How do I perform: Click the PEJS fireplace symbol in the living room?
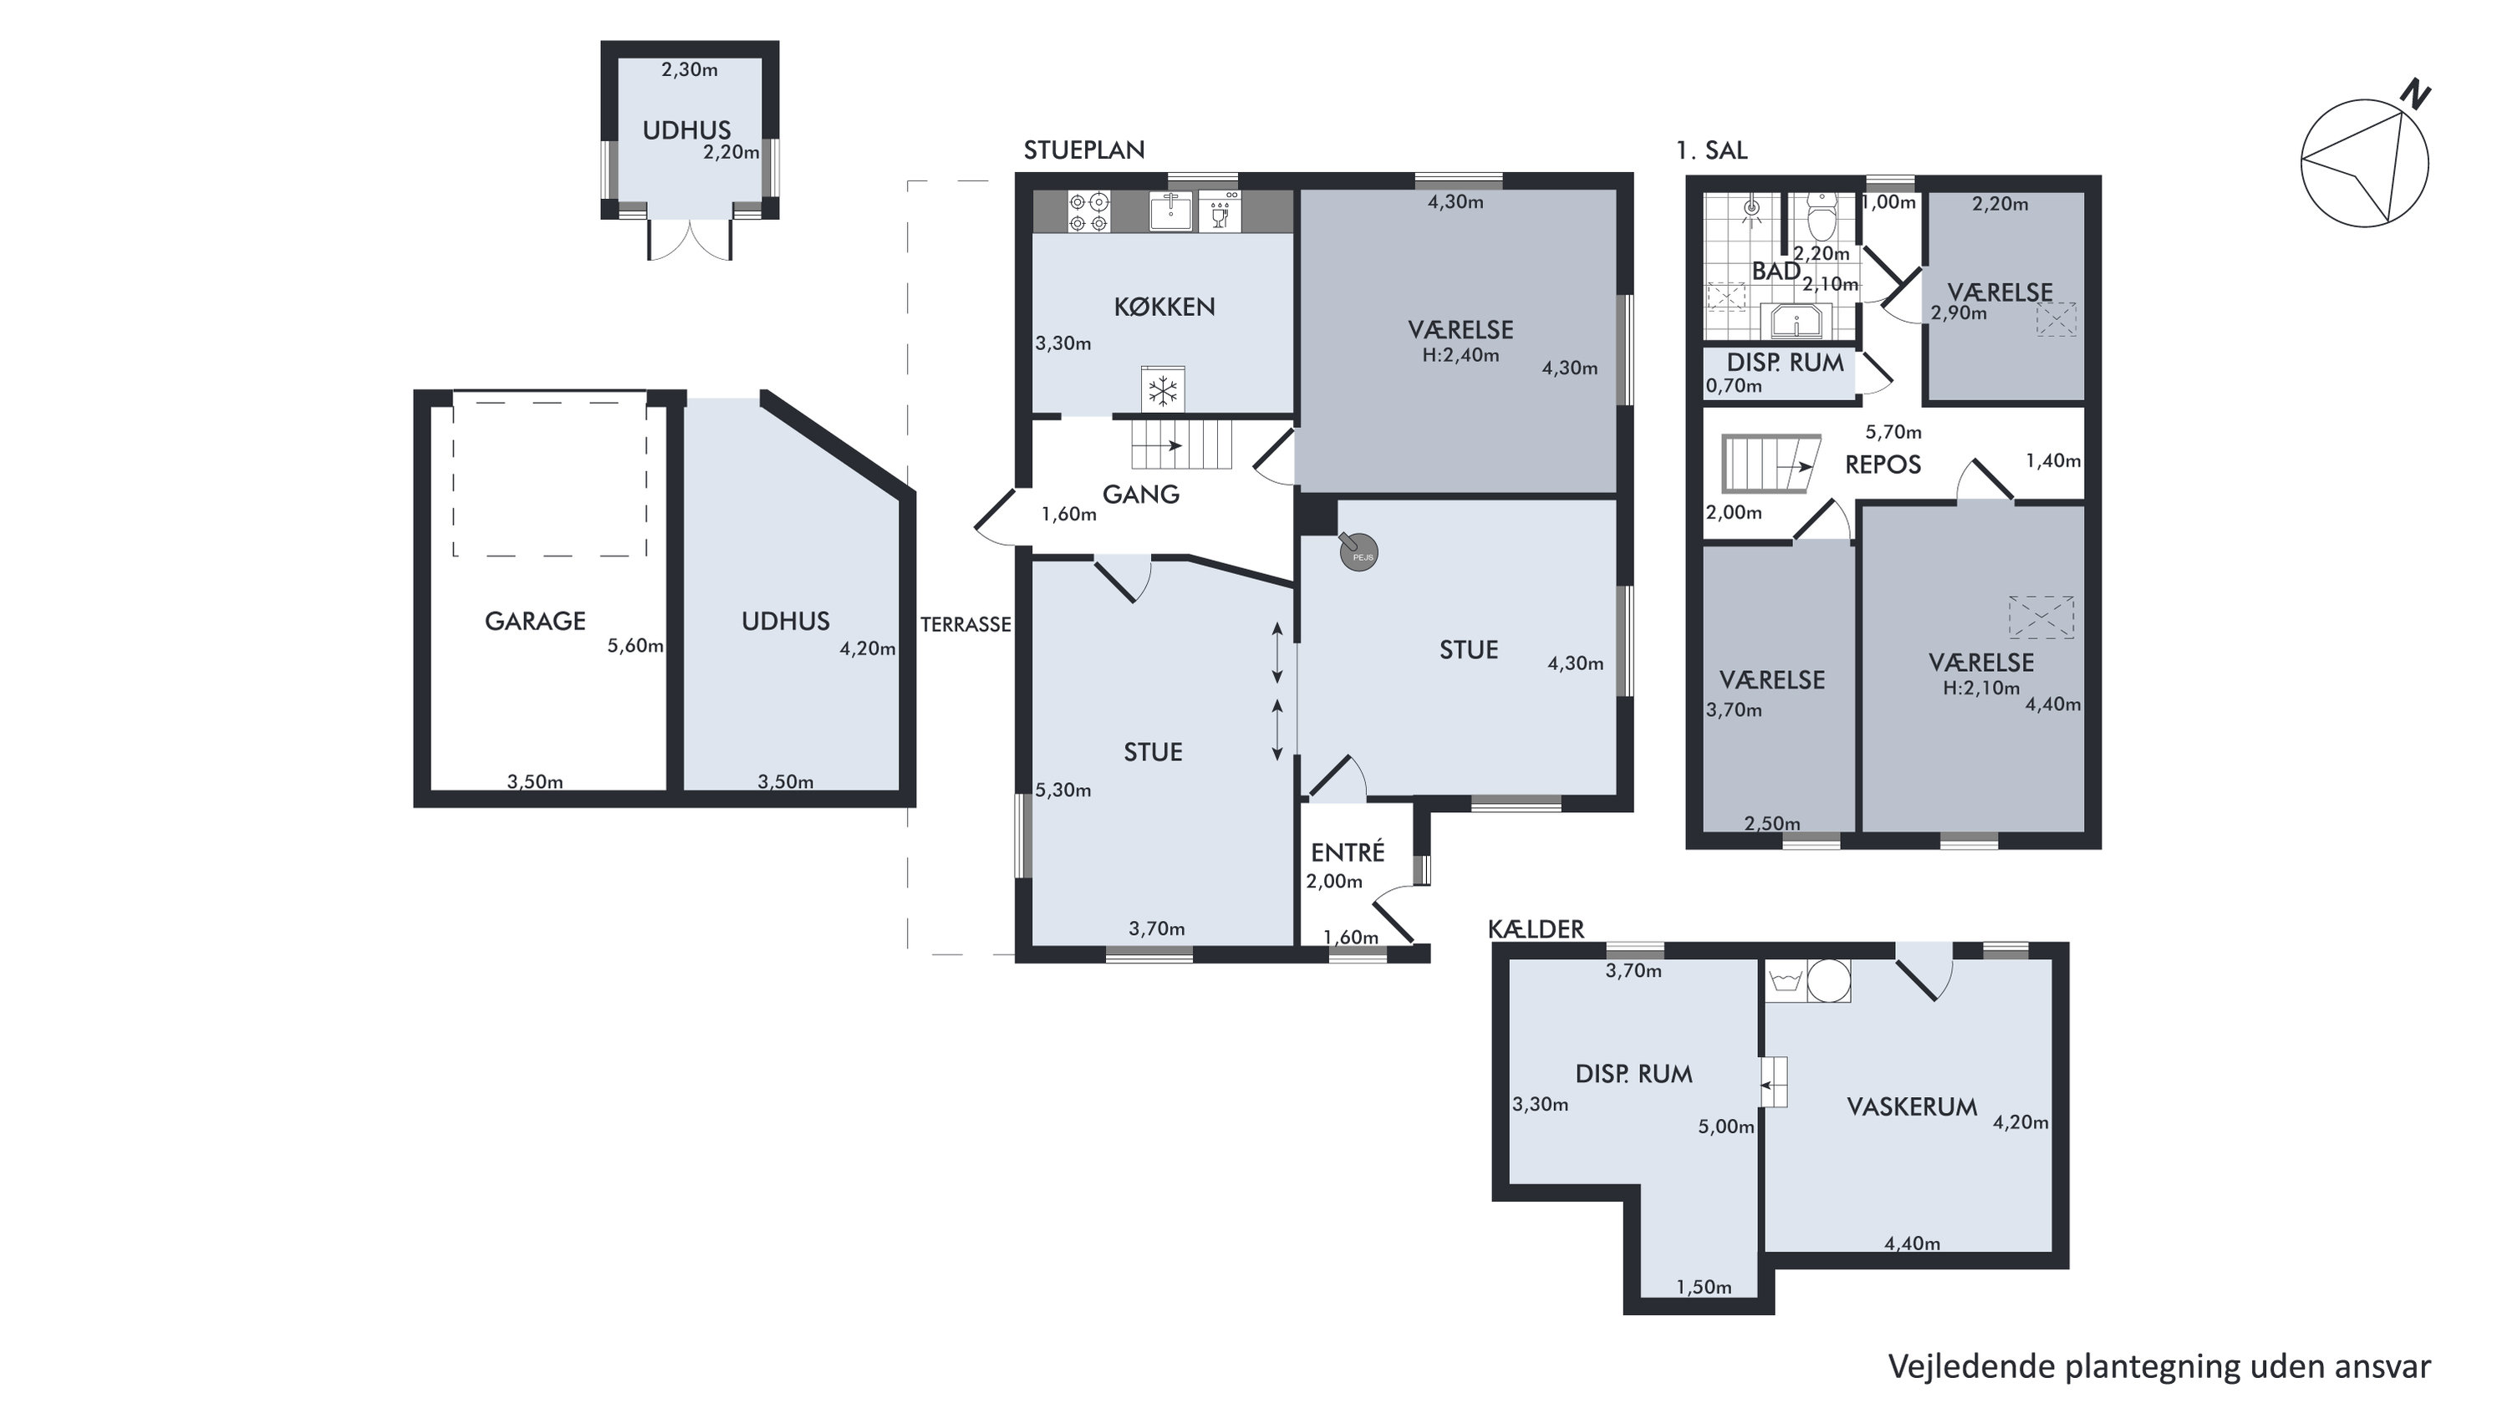tap(1358, 552)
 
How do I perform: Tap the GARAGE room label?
tap(535, 621)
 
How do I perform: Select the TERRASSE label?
tap(966, 625)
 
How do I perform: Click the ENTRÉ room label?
tap(1348, 851)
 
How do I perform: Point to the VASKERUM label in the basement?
tap(1913, 1106)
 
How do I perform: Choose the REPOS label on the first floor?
tap(1883, 464)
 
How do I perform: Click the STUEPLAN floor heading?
tap(1084, 150)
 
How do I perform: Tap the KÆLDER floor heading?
tap(1536, 929)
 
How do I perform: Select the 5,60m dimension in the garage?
tap(635, 646)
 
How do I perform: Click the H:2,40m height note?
tap(1460, 355)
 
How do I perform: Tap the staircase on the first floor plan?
tap(1771, 464)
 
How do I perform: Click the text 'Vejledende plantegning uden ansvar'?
tap(2159, 1367)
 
